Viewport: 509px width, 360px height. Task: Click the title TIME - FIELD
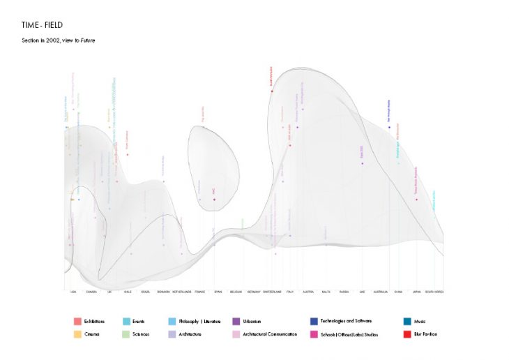43,25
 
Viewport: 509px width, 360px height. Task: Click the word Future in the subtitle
86,40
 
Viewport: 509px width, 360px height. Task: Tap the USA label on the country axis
73,292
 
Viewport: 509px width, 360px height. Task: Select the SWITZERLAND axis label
273,292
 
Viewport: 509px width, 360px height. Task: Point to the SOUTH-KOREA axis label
434,292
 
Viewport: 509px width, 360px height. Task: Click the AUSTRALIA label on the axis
380,292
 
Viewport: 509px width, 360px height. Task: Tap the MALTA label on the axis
326,292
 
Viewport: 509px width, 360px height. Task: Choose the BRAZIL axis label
145,292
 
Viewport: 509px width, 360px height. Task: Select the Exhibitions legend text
94,322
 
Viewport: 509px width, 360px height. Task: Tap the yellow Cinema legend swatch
76,334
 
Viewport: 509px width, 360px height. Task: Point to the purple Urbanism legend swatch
236,322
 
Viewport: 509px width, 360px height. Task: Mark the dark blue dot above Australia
389,128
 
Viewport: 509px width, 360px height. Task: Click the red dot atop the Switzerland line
272,91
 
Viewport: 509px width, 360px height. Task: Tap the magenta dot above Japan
417,200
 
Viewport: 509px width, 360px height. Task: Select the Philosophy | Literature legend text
201,322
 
